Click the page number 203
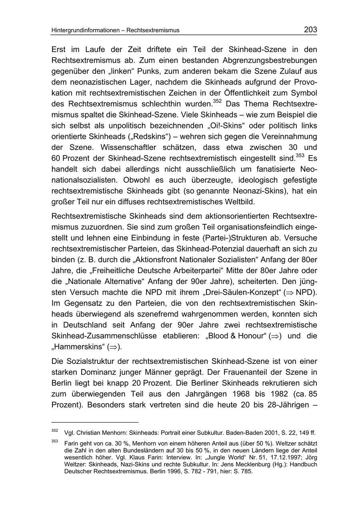(x=310, y=30)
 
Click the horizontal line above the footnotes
(x=95, y=422)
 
